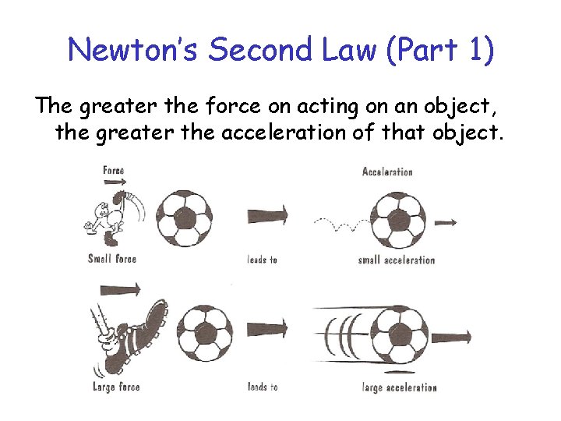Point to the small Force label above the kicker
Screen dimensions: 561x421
113,170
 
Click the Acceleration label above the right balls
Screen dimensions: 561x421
387,172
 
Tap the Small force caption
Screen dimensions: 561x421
111,259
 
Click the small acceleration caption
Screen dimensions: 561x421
396,260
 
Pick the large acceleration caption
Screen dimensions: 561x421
399,387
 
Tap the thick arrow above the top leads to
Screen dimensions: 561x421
267,215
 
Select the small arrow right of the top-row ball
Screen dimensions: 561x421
445,222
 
